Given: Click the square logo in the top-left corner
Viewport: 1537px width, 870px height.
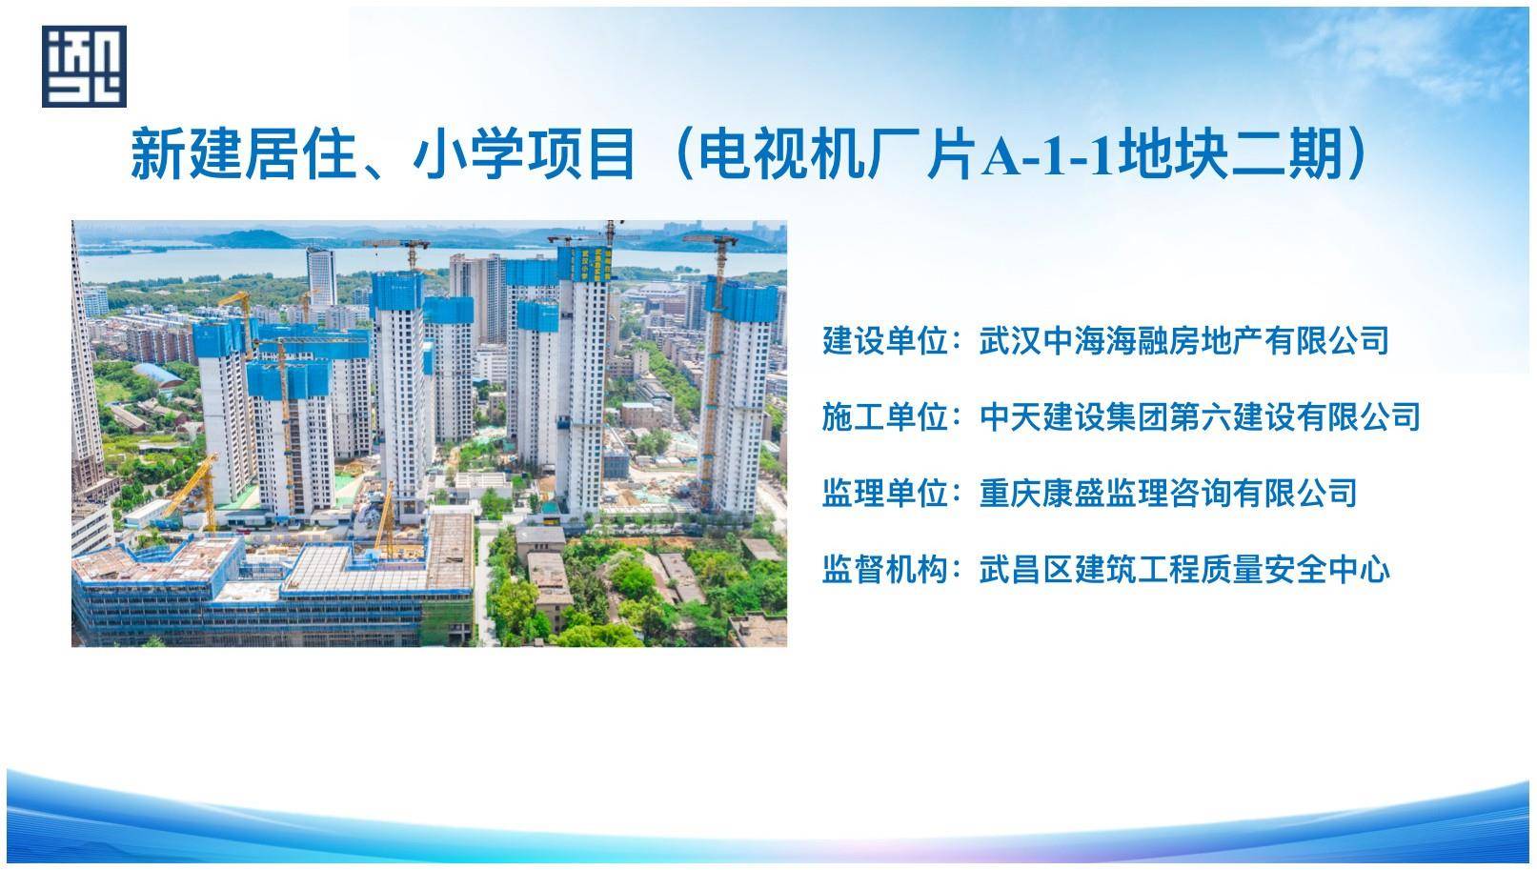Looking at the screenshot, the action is click(x=84, y=67).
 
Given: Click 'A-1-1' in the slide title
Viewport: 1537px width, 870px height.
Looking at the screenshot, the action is click(x=1049, y=155).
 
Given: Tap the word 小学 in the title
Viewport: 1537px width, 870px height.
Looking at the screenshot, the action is click(x=468, y=153).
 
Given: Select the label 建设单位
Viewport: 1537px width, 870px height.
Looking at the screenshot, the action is click(x=886, y=341).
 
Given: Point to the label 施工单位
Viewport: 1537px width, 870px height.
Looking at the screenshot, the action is click(x=886, y=417).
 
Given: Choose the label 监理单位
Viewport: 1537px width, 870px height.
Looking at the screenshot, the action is click(x=886, y=494).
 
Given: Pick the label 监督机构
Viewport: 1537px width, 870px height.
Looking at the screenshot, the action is click(x=886, y=570).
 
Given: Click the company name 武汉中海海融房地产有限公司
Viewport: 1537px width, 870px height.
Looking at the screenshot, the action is click(x=1184, y=341).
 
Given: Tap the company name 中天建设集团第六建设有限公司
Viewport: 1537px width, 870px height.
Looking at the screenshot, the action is click(x=1200, y=417).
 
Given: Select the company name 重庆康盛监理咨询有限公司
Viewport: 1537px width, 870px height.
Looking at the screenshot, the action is click(x=1168, y=494).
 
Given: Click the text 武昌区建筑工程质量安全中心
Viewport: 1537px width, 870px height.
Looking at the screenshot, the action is click(x=1184, y=570).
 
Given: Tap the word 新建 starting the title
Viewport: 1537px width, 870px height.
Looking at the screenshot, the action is click(x=186, y=153).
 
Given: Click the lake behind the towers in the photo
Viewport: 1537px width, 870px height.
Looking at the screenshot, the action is click(x=227, y=263).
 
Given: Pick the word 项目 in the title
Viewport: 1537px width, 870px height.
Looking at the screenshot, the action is click(x=580, y=153).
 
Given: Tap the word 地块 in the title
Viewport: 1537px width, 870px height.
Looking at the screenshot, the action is click(x=1173, y=153).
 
